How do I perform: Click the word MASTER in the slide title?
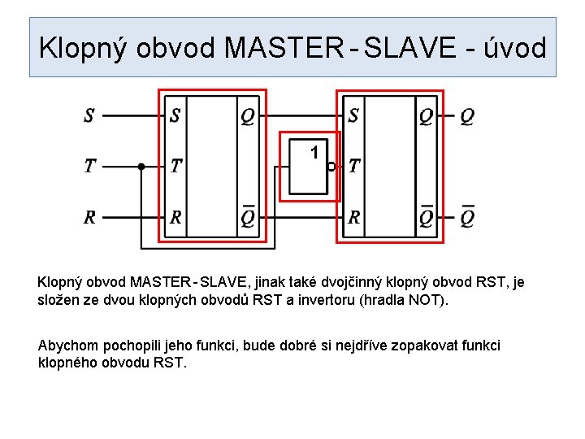pyautogui.click(x=284, y=48)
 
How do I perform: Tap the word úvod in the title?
pyautogui.click(x=514, y=48)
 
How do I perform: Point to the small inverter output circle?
pyautogui.click(x=331, y=167)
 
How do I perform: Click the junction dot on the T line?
pyautogui.click(x=141, y=167)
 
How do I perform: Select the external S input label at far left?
pyautogui.click(x=89, y=116)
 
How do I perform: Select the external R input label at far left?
pyautogui.click(x=89, y=218)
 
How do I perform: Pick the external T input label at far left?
pyautogui.click(x=89, y=167)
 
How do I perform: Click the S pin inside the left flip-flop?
pyautogui.click(x=175, y=116)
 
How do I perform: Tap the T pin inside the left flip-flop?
pyautogui.click(x=176, y=167)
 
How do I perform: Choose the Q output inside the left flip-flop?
pyautogui.click(x=247, y=116)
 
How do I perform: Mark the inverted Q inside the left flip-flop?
pyautogui.click(x=247, y=217)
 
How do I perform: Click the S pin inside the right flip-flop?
pyautogui.click(x=353, y=116)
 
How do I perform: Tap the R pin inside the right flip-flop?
pyautogui.click(x=354, y=218)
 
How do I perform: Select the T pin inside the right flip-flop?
pyautogui.click(x=354, y=167)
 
